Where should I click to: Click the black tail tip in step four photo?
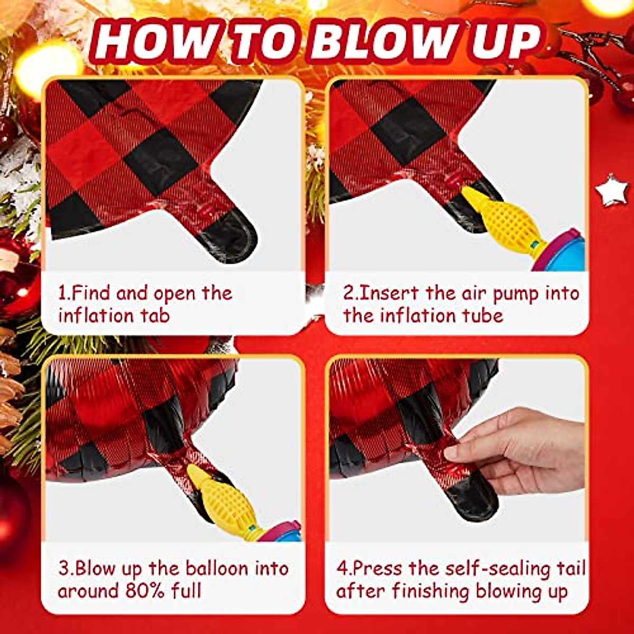coord(473,497)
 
